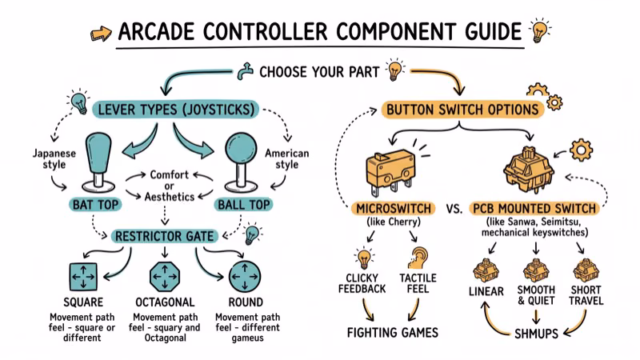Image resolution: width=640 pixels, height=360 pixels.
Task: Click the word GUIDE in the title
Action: pos(480,33)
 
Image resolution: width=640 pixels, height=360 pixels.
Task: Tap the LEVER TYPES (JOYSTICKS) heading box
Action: pos(175,108)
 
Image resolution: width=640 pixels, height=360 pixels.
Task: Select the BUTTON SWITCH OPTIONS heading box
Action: pos(462,109)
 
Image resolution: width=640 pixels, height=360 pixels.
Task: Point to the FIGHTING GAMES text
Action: pos(392,332)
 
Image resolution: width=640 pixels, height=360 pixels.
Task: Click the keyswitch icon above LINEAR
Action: pos(486,270)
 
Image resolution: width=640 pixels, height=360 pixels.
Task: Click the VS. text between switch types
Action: pos(454,209)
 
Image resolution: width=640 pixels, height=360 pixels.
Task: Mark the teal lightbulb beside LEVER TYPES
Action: pos(78,102)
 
